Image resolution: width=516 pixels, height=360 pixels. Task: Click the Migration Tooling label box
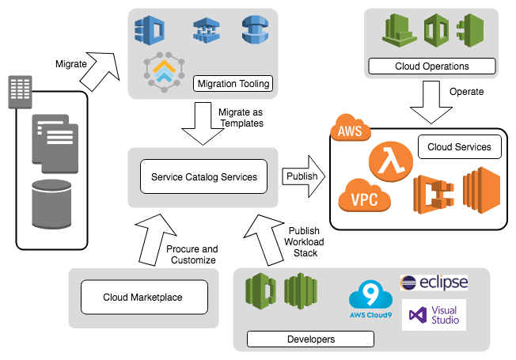(x=233, y=83)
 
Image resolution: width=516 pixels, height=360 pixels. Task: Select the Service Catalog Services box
(x=204, y=176)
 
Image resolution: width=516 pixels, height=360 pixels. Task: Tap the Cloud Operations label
(x=432, y=66)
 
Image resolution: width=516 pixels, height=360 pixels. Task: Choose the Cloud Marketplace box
(x=143, y=297)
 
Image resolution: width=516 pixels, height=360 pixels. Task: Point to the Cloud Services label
(x=459, y=147)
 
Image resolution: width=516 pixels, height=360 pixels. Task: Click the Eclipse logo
(x=434, y=282)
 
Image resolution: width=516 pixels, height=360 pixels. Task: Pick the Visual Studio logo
(x=434, y=314)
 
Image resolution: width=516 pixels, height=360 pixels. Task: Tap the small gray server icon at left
(x=19, y=94)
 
